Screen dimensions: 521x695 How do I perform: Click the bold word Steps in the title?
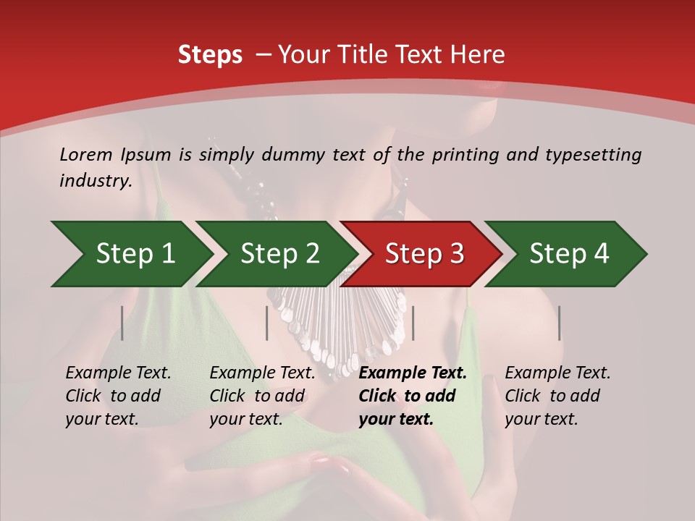click(x=210, y=55)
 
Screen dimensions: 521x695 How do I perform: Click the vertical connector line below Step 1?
click(x=122, y=323)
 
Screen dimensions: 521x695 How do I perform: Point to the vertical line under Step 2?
click(x=267, y=323)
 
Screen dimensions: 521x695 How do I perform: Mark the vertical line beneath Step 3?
click(x=413, y=323)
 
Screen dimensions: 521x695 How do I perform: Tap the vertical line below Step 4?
click(x=559, y=323)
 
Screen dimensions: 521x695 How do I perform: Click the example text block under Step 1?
click(x=118, y=396)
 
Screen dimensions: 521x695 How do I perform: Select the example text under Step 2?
click(x=262, y=396)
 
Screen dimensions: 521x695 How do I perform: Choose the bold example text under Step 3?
click(x=413, y=396)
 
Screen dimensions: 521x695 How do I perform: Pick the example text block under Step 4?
click(x=557, y=396)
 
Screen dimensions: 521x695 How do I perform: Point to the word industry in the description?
click(x=95, y=180)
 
